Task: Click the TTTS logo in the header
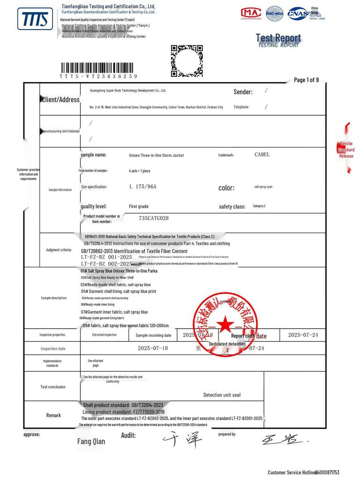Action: point(35,19)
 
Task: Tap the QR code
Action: point(187,60)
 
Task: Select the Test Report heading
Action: point(278,38)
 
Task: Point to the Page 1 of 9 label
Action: point(306,80)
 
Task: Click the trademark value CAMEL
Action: point(262,155)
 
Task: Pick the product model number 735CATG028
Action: point(154,218)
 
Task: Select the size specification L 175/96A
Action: point(142,187)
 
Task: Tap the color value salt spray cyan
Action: point(263,187)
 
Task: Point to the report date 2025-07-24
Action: point(303,335)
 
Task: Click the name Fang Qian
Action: point(91,441)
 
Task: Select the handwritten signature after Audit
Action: point(183,439)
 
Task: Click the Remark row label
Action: point(53,415)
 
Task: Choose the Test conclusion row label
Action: point(53,387)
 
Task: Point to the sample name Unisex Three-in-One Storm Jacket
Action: point(157,155)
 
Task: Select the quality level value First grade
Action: point(139,206)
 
